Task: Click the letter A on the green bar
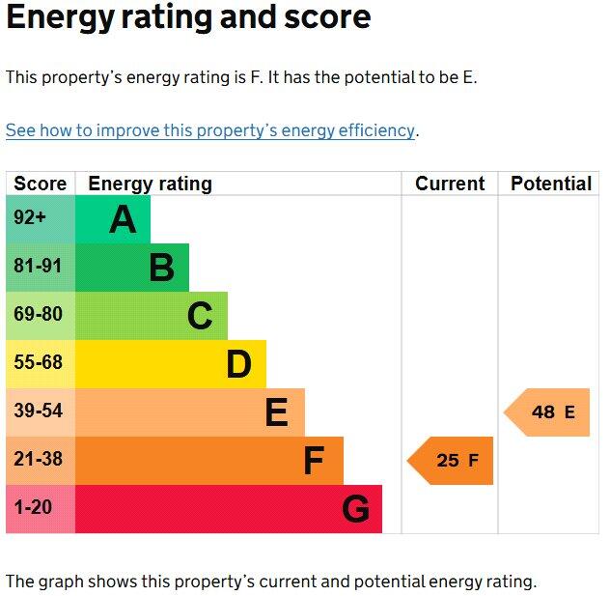coord(123,220)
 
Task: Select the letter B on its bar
coord(161,268)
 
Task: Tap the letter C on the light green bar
coord(200,316)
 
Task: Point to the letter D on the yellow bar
coord(238,364)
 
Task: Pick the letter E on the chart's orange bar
coord(276,412)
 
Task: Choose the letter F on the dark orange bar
coord(314,461)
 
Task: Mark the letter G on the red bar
coord(355,509)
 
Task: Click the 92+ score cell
coord(30,218)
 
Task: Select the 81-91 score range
coord(38,267)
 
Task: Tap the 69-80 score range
coord(38,315)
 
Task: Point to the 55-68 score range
coord(38,363)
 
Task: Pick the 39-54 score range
coord(38,412)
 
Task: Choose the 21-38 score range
coord(38,460)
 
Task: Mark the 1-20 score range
coord(34,508)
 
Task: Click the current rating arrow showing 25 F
coord(452,461)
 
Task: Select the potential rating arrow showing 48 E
coord(548,412)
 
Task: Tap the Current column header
coord(450,184)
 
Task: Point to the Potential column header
coord(551,184)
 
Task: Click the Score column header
coord(41,184)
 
